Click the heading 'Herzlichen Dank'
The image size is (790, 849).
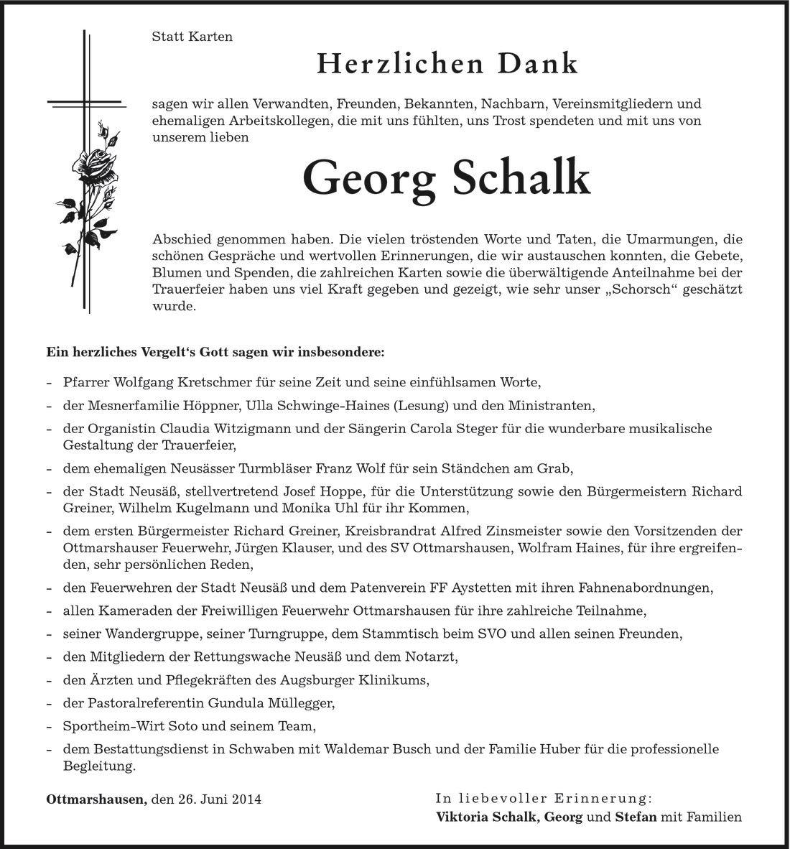click(x=447, y=64)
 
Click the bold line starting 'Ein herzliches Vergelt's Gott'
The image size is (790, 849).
click(x=215, y=353)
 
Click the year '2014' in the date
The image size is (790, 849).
click(x=247, y=798)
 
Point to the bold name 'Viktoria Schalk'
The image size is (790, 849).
click(x=488, y=817)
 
